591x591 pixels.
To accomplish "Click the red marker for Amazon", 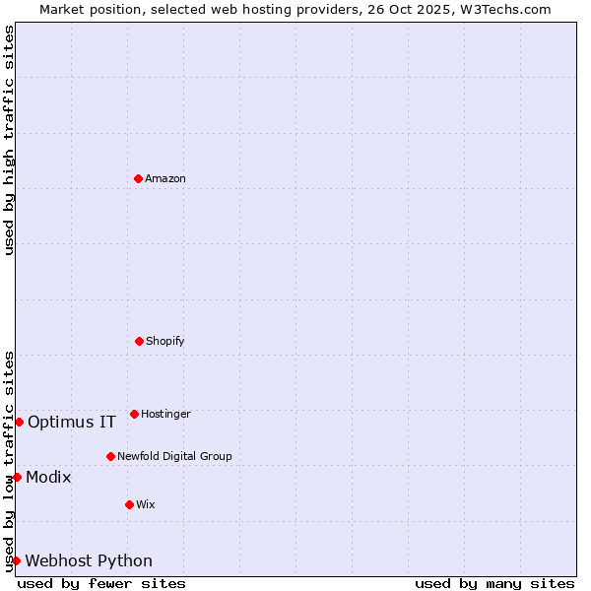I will (138, 178).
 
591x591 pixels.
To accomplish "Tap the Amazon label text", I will (165, 178).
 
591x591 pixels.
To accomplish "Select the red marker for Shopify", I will (139, 341).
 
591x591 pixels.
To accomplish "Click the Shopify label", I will (165, 341).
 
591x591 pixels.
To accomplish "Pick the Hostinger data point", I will (134, 414).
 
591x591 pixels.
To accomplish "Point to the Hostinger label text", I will (165, 414).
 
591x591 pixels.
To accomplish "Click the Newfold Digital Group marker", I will (110, 456).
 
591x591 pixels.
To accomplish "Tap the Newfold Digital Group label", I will (174, 456).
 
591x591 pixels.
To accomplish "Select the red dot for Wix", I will (129, 504).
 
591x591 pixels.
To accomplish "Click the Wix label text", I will (146, 504).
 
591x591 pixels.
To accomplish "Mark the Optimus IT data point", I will (19, 422).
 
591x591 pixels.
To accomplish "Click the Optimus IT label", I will (72, 423).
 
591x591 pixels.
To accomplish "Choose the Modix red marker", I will (17, 477).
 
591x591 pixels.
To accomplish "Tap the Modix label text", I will (48, 478).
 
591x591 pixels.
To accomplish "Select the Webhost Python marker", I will (16, 560).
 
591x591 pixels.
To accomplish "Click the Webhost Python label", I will (89, 561).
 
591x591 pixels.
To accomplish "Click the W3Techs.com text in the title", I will (503, 9).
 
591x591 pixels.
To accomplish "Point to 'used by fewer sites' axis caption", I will (101, 583).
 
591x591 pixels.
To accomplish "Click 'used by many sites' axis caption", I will (494, 583).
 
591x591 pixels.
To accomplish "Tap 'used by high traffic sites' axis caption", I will (9, 140).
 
